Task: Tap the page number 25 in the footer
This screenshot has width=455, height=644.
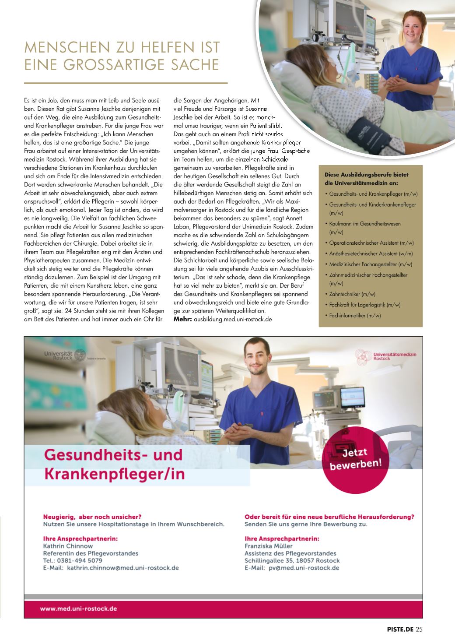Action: tap(419, 630)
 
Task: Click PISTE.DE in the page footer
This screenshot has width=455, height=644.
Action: tap(400, 630)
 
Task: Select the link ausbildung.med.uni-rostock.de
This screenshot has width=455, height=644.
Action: tap(233, 319)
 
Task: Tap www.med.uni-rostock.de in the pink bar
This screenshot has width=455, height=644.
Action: tap(78, 609)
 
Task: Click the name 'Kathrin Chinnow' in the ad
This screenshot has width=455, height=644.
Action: tap(68, 546)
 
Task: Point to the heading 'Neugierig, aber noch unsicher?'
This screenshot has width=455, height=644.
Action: tap(92, 517)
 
